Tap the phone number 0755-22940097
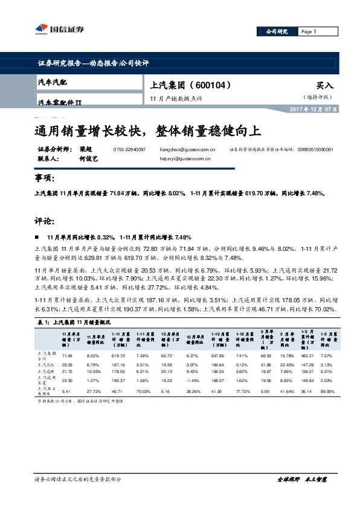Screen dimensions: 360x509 (130, 149)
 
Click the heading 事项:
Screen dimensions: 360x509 (45, 178)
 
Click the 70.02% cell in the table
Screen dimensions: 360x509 (143, 391)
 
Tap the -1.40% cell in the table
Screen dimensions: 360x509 (193, 381)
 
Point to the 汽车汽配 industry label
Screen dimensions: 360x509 (53, 81)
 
